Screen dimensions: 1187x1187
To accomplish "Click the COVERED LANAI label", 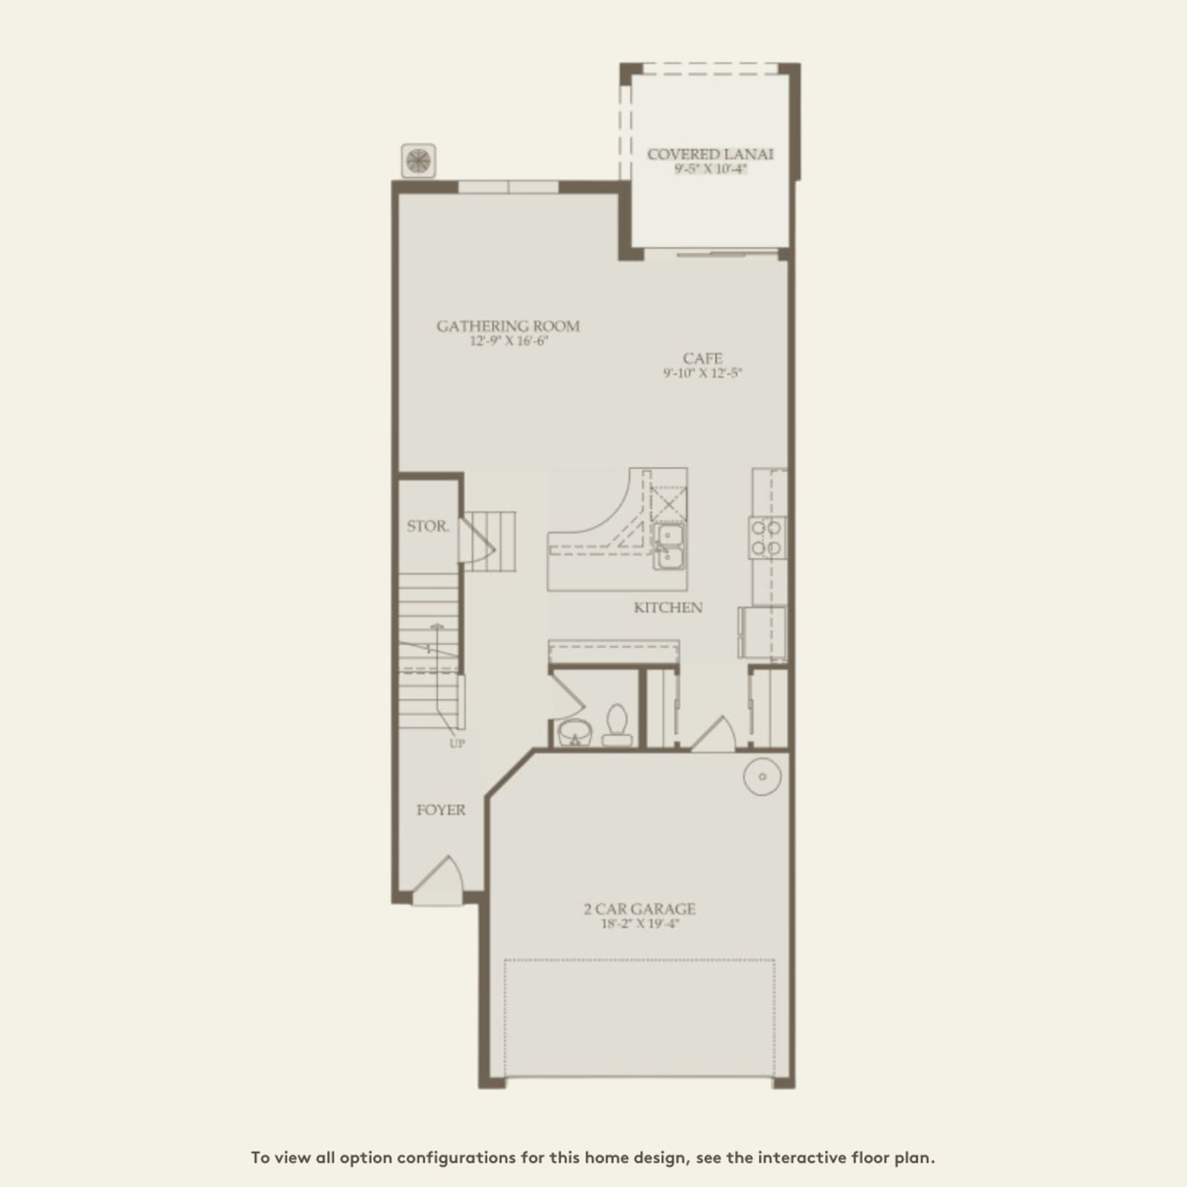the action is tap(710, 154).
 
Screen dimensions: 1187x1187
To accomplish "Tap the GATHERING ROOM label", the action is tap(508, 326).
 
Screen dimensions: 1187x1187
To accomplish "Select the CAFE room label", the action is tap(703, 358).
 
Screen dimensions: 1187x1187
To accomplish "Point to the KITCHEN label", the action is tap(668, 608).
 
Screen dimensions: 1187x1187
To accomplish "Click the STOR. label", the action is tap(428, 526).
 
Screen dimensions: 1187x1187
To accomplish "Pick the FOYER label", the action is tap(441, 810).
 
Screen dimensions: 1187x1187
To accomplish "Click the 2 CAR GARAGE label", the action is tap(639, 909).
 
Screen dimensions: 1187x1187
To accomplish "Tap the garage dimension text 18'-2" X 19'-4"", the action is tap(640, 924).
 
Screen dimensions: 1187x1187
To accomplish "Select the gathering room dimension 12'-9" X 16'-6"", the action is tap(509, 341).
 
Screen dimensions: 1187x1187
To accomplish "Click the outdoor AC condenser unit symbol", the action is tap(418, 161).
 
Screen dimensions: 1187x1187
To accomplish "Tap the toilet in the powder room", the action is tap(616, 725).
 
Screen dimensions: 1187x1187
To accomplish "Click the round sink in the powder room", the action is tap(575, 731).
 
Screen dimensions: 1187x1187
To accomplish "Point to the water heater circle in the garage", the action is tap(762, 777).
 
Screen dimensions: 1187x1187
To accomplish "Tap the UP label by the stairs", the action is tap(457, 743).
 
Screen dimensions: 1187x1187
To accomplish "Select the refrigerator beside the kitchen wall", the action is tap(761, 632).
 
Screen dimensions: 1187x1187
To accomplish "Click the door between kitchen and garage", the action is tap(713, 734).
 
